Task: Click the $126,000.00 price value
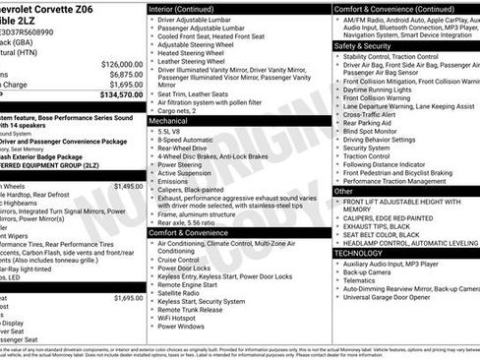pyautogui.click(x=115, y=63)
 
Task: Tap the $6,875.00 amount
pyautogui.click(x=121, y=74)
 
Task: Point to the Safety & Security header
pyautogui.click(x=363, y=45)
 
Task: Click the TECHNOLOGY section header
pyautogui.click(x=359, y=253)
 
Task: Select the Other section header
pyautogui.click(x=341, y=191)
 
